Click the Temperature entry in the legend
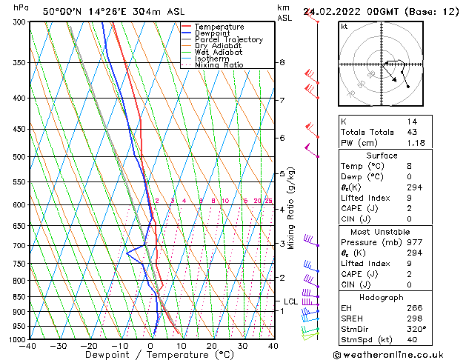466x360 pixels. point(219,27)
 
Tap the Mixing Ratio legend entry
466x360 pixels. point(219,65)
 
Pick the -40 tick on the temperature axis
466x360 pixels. point(28,346)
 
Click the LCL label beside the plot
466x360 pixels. point(291,301)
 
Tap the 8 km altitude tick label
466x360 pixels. point(282,63)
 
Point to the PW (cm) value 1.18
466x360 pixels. point(416,143)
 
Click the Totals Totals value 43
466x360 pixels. point(411,132)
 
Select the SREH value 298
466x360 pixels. point(413,319)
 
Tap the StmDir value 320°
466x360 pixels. point(416,329)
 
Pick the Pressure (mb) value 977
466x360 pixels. point(413,241)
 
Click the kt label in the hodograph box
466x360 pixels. point(344,26)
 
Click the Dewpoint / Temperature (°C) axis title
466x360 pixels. point(150,355)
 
